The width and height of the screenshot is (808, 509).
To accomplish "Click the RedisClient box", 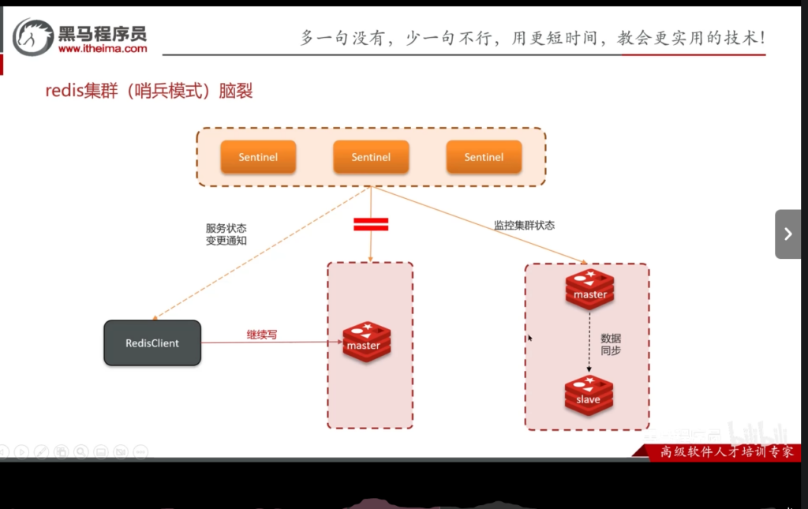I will pos(152,343).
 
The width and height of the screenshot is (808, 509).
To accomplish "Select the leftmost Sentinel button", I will pos(258,157).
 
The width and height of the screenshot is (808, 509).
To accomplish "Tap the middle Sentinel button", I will pos(371,157).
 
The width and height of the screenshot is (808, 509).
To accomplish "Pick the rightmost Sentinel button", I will pos(484,157).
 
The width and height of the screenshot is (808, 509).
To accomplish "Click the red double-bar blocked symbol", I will pos(370,224).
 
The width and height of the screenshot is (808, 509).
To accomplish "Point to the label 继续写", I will pos(262,335).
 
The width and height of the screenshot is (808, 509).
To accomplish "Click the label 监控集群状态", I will pos(524,225).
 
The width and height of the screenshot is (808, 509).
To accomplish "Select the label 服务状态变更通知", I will pos(226,234).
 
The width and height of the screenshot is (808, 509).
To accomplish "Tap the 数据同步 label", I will pos(611,344).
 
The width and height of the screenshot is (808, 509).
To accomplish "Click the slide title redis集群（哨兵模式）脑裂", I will pos(149,91).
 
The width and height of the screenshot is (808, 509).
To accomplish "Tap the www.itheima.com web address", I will pos(103,49).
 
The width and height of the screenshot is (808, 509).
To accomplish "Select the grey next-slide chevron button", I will pos(787,234).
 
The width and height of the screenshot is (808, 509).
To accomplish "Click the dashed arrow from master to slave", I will pos(589,343).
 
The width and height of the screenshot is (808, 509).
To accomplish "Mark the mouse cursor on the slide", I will pos(529,339).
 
